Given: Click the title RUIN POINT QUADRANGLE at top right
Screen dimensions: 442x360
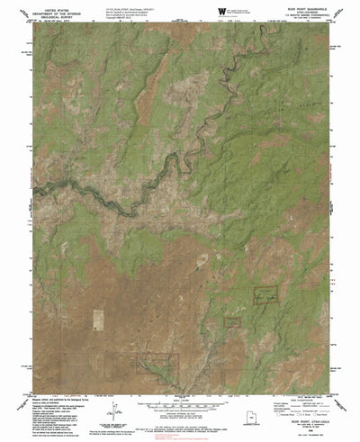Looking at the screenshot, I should [297, 8].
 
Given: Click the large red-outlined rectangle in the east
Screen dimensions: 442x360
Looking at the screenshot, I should [265, 297].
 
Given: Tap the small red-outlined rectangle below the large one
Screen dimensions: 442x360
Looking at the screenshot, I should [232, 321].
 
